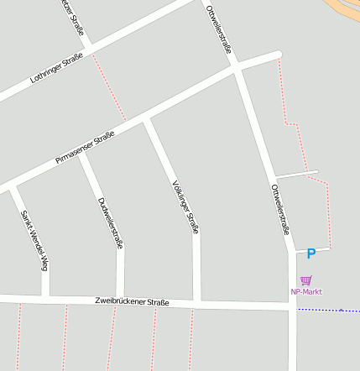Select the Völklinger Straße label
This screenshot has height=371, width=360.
[186, 205]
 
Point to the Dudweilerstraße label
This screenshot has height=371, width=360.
[111, 222]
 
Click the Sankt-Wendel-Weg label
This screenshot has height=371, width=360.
[33, 240]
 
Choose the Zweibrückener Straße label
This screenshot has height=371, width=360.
[133, 301]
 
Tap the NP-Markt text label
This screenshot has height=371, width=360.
[306, 292]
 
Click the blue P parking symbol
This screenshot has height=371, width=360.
[310, 253]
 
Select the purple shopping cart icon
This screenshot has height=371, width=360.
[306, 280]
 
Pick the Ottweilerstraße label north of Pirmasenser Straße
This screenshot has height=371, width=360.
[218, 30]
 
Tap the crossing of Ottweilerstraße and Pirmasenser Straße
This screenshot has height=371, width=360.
[238, 71]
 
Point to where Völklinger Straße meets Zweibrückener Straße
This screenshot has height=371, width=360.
[197, 301]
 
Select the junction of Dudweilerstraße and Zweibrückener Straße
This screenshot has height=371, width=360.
[121, 299]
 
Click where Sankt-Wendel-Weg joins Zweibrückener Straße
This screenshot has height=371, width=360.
[45, 297]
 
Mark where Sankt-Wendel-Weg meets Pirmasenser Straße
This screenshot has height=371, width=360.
[12, 186]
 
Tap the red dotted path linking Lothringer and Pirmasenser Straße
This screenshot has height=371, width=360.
[109, 87]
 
